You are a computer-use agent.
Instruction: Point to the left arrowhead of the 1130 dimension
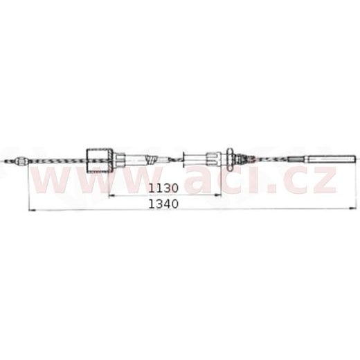[113, 195]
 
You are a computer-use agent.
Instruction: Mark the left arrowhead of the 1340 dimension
[28, 208]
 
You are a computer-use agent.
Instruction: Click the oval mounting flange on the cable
[228, 159]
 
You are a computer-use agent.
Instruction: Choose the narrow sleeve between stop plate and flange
[205, 159]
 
